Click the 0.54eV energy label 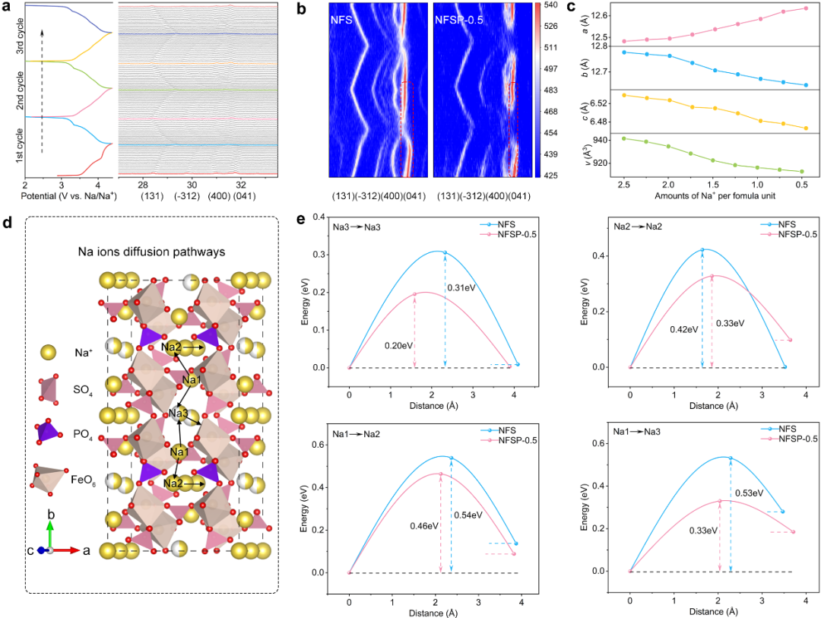(x=468, y=515)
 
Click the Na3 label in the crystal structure (x=179, y=414)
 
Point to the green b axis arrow (x=50, y=532)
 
